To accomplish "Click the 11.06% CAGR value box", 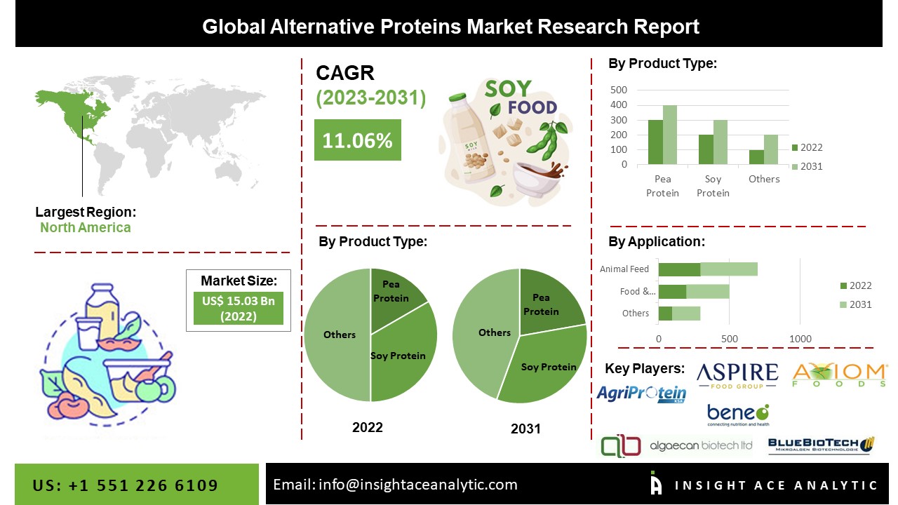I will (357, 140).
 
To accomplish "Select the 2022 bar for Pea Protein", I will (655, 142).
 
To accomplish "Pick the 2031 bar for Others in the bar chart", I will (770, 150).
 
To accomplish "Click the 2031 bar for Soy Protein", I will (720, 142).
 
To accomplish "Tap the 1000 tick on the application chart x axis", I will (800, 339).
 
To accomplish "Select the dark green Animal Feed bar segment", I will (679, 269).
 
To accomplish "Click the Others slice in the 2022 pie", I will (337, 335).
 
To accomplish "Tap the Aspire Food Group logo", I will (737, 375).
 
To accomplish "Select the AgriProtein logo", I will (641, 393).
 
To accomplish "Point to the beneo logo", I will (737, 415).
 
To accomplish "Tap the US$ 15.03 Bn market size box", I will (238, 309).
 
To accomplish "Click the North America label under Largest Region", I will (85, 227).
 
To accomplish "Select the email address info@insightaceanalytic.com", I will (395, 485).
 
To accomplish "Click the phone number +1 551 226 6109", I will (126, 485).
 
